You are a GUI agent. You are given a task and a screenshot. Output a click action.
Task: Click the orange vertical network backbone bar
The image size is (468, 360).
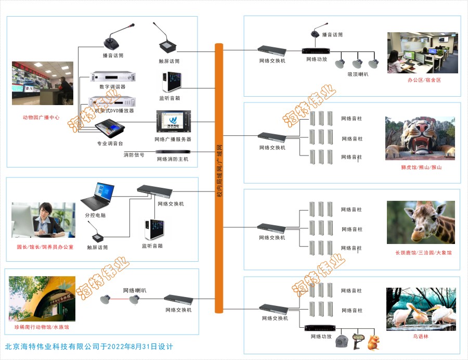219,177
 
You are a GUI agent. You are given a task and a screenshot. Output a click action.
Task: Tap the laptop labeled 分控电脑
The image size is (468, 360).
98,196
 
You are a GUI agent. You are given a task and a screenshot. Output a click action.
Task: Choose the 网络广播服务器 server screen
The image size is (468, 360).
172,122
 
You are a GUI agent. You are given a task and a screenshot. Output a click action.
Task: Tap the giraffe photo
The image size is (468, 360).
421,222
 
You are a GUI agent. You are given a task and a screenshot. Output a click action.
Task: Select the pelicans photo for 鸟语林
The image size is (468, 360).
421,308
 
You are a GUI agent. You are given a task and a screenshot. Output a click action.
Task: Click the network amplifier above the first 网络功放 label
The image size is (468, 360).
316,52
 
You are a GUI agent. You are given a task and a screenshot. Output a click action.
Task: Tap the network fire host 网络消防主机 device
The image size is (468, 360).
172,152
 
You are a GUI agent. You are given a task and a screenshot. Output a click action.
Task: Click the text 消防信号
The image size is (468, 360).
134,155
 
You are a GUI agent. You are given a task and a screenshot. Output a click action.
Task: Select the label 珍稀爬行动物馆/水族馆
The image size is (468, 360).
42,327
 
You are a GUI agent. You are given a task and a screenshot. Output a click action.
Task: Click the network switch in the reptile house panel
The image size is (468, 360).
178,299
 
